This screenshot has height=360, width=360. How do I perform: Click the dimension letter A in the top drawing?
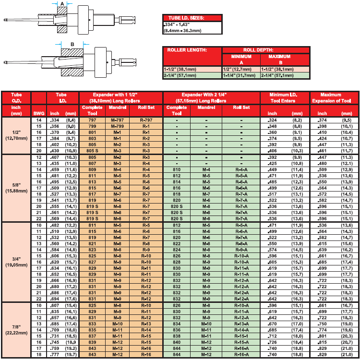62,4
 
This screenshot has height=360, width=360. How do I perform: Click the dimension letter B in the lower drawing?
72,44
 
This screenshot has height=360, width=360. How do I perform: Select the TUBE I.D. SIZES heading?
186,18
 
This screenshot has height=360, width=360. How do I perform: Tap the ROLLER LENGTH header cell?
187,50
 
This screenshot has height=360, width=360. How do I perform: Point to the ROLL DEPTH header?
258,50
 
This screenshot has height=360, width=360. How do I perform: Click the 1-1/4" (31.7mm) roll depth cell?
239,75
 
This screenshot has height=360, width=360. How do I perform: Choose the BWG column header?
39,113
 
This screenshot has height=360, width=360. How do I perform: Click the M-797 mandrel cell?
117,120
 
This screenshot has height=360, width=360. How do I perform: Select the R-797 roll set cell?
146,120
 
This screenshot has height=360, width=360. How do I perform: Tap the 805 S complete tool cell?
92,151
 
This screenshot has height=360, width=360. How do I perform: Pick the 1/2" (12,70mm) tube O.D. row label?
16,135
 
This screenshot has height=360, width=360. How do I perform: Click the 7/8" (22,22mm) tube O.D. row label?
16,330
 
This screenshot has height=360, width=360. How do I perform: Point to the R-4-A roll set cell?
241,169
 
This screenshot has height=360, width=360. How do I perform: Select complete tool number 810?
177,169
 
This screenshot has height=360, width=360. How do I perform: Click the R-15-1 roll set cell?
241,336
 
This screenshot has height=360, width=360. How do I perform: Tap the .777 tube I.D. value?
54,355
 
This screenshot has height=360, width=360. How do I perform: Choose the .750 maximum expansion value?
322,324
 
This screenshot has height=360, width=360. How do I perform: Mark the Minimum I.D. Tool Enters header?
283,98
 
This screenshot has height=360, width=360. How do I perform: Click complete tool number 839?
92,342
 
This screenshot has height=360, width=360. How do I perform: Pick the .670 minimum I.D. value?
272,324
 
